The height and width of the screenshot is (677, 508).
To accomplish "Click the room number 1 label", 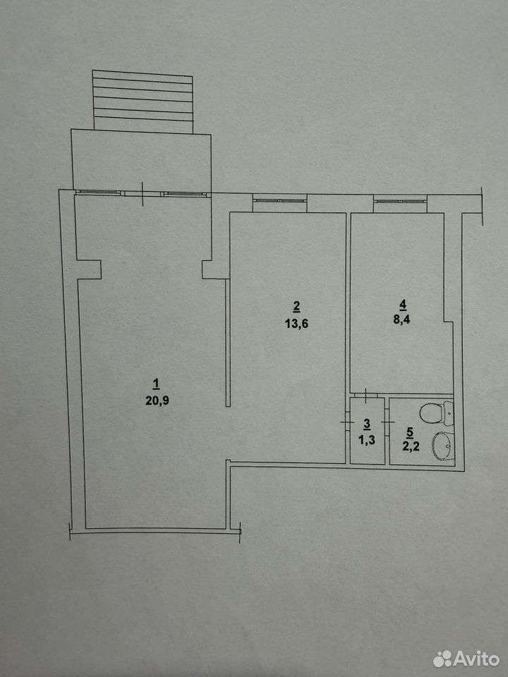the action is point(157,384).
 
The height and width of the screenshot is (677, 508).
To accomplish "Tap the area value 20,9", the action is point(157,401).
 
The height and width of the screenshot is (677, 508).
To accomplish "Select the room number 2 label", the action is point(296,307).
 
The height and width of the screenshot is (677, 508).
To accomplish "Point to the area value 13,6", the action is point(296,324).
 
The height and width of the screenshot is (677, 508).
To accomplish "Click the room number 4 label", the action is point(403,305).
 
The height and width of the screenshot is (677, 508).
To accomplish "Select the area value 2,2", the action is point(410,446).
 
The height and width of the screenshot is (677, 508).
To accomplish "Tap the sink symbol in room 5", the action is point(442,446).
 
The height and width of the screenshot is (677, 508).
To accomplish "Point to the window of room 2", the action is point(280,201).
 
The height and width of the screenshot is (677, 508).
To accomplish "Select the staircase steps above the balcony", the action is point(143,102).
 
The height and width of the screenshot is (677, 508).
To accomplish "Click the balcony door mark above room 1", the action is point(143,193).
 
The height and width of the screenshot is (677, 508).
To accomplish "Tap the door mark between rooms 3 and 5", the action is point(387,422).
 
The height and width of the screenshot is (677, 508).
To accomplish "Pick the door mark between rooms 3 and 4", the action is point(365,396).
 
